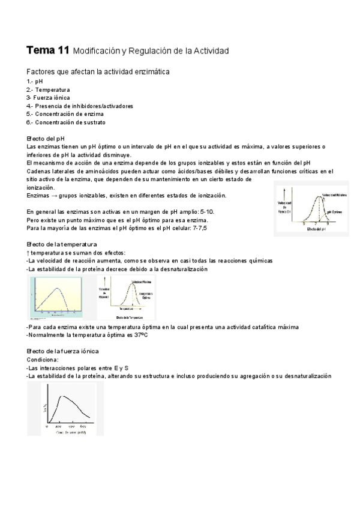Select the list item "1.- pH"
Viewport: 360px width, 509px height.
pyautogui.click(x=35, y=81)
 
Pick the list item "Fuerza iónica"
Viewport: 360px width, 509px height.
pyautogui.click(x=52, y=97)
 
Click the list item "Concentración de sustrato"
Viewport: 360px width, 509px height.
pyautogui.click(x=70, y=122)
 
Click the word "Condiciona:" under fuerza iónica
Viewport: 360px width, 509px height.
pyautogui.click(x=43, y=359)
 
